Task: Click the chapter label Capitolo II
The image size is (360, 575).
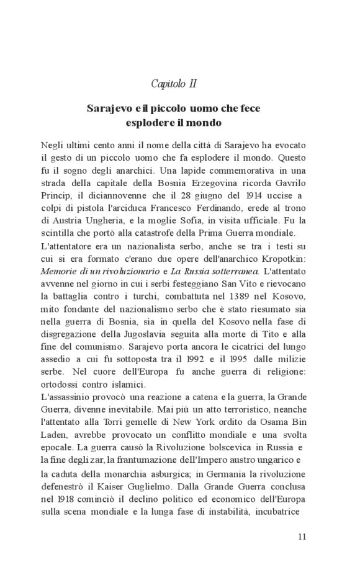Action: point(174,83)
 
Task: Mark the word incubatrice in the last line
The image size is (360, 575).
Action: point(279,512)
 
